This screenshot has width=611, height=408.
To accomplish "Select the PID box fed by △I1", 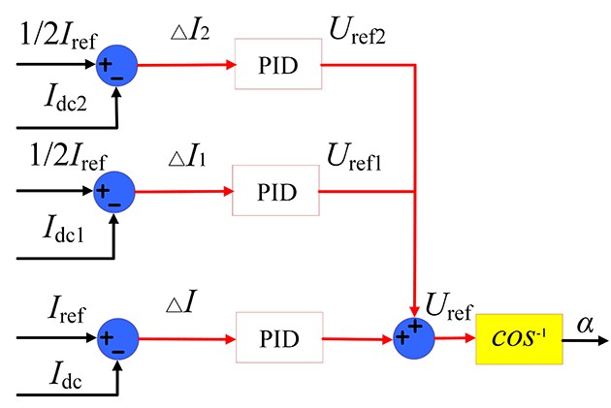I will pyautogui.click(x=276, y=189).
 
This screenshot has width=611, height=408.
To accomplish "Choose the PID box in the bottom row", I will pyautogui.click(x=276, y=339).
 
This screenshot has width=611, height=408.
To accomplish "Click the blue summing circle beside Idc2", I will pyautogui.click(x=116, y=68).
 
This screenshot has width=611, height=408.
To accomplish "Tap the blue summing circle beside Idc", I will pyautogui.click(x=116, y=339).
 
